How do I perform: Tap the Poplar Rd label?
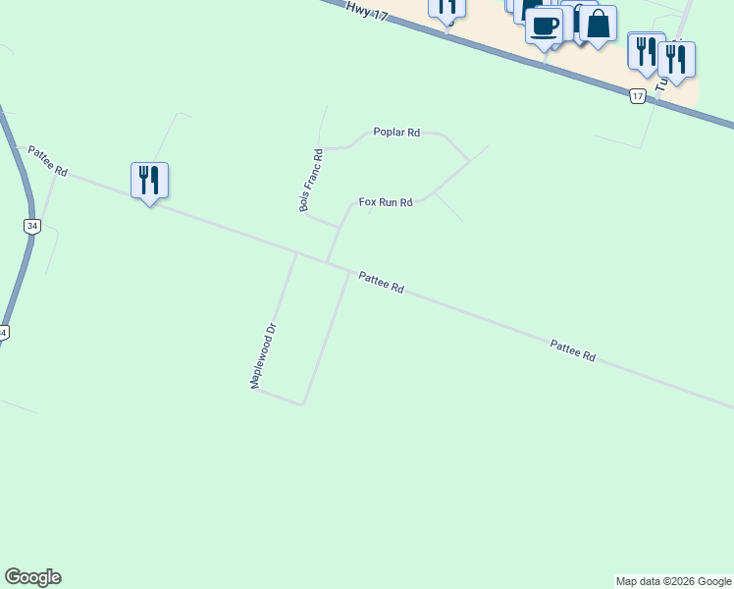pos(396,132)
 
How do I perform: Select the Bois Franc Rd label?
pos(311,180)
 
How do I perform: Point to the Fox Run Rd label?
pos(385,202)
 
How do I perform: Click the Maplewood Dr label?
pos(265,355)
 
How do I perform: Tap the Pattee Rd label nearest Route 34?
pos(47,161)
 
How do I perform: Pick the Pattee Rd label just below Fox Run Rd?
pos(381,283)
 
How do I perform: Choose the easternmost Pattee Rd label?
pos(572,350)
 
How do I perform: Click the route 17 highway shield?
pos(638,95)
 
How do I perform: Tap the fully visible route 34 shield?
pos(32,227)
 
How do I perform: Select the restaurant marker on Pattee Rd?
pos(149,181)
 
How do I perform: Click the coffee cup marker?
pos(544,25)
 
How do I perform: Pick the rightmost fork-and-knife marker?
pos(676,59)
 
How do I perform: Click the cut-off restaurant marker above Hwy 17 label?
pos(446,8)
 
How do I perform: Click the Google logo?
pos(32,577)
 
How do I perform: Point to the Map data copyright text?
pos(673,581)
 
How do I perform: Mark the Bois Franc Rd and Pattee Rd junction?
pos(328,262)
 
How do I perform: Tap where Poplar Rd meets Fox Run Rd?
pos(469,160)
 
